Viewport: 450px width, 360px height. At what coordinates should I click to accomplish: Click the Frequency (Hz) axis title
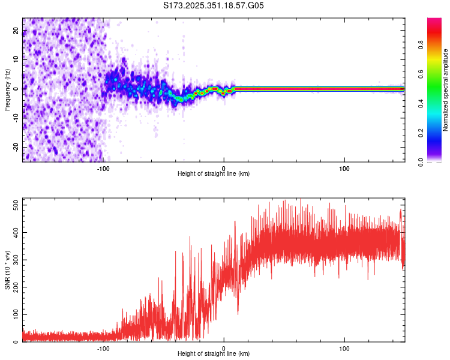7,89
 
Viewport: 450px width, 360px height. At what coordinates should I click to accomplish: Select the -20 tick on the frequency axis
15,147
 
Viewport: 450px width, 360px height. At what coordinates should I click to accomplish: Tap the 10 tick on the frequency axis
15,60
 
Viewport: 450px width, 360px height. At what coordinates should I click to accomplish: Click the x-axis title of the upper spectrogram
214,174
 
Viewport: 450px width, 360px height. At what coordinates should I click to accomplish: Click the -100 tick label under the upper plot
103,168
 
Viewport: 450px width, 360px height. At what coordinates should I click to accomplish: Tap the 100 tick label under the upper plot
344,168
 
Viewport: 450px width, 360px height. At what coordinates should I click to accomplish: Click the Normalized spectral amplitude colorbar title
446,89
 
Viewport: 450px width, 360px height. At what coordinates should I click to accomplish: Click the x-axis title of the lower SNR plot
214,354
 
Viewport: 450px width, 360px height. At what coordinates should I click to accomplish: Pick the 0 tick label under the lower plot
224,348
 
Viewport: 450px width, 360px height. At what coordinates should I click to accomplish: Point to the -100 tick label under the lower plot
103,348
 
